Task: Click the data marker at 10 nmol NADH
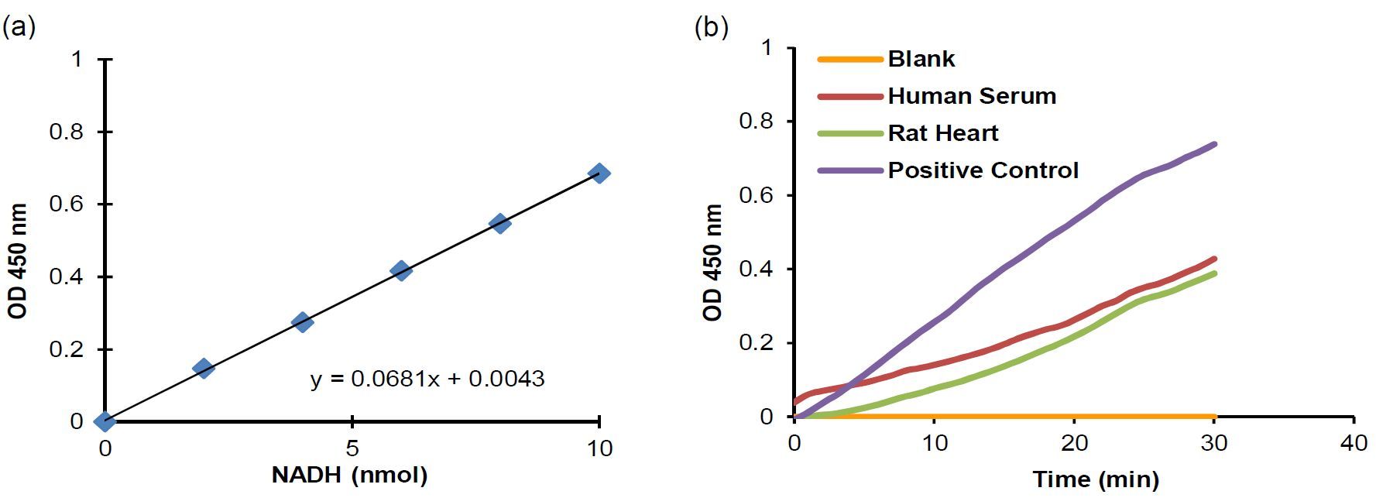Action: coord(599,173)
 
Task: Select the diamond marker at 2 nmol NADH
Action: coord(204,368)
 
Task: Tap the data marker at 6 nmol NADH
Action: coord(401,270)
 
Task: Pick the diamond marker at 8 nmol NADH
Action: coord(500,223)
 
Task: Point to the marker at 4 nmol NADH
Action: coord(303,321)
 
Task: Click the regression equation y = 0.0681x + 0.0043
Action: coord(427,379)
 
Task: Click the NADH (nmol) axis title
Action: coord(349,474)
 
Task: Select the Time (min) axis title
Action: coord(1096,479)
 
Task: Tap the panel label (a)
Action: coord(19,28)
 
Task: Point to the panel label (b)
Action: coord(711,28)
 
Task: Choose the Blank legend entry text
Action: coord(921,59)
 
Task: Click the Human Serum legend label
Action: coord(972,96)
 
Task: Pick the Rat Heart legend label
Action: coord(943,133)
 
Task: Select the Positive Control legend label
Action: coord(983,170)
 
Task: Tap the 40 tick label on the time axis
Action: coord(1353,443)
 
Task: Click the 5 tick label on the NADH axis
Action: coord(352,448)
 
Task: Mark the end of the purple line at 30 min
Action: coord(1215,143)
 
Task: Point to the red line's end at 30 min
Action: coord(1215,259)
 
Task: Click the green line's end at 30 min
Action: coord(1215,273)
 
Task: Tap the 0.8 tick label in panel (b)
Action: coord(756,122)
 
